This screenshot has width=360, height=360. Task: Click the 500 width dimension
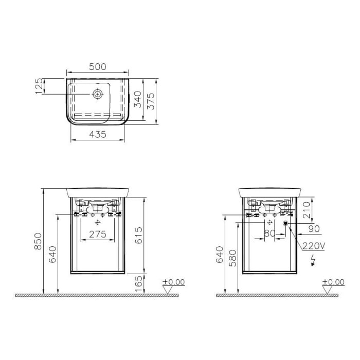pyautogui.click(x=98, y=66)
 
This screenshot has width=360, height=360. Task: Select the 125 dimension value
pyautogui.click(x=38, y=86)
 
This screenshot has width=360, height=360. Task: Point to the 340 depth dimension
pyautogui.click(x=137, y=98)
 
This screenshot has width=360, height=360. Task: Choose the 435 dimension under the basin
pyautogui.click(x=98, y=134)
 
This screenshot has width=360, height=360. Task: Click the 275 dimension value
pyautogui.click(x=98, y=235)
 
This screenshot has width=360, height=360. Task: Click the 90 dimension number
pyautogui.click(x=313, y=228)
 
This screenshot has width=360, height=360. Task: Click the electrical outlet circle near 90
pyautogui.click(x=286, y=224)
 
